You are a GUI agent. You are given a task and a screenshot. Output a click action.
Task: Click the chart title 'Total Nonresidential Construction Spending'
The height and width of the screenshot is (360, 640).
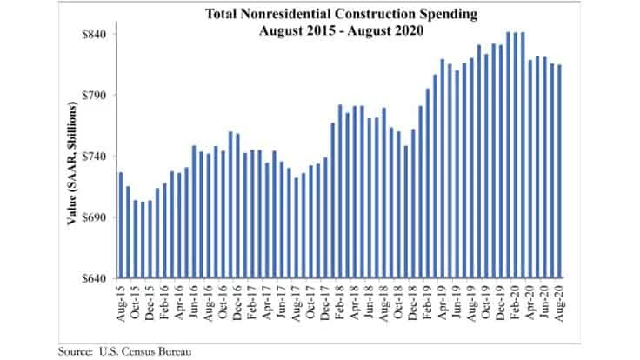tap(320, 14)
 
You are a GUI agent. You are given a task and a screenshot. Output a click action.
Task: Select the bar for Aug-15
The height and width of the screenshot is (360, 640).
tap(120, 225)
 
